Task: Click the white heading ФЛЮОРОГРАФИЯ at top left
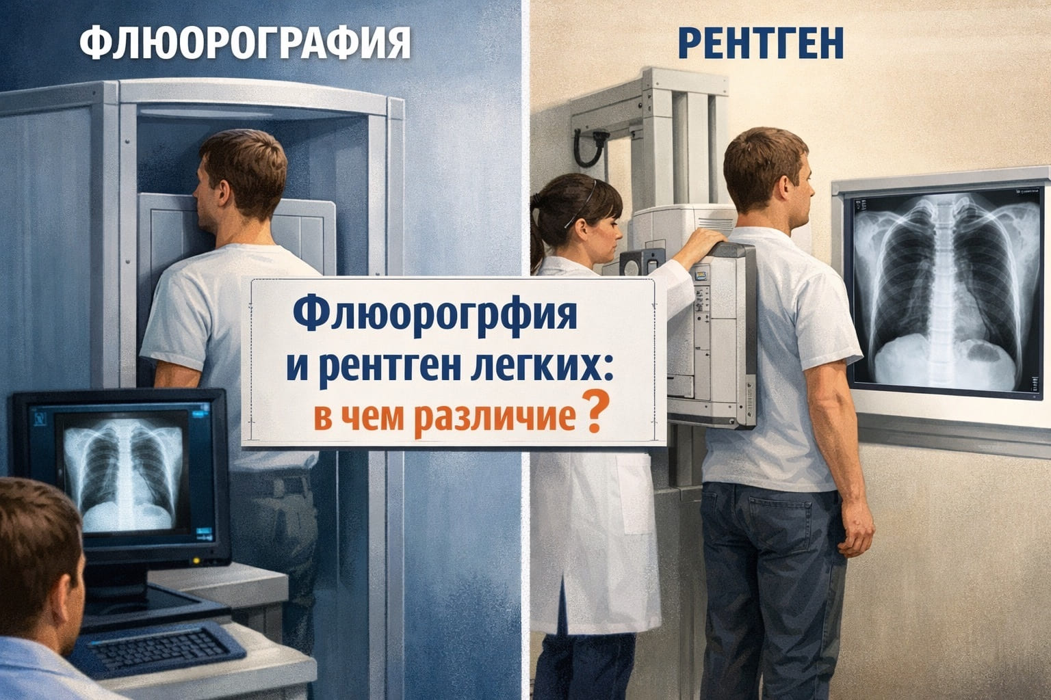(x=245, y=42)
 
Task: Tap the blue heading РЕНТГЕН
(x=761, y=43)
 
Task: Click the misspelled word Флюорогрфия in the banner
(x=435, y=317)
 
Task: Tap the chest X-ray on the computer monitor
(x=123, y=474)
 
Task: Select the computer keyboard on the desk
(x=158, y=649)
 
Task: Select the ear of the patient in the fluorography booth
(x=224, y=192)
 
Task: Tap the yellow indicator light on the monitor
(x=196, y=561)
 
